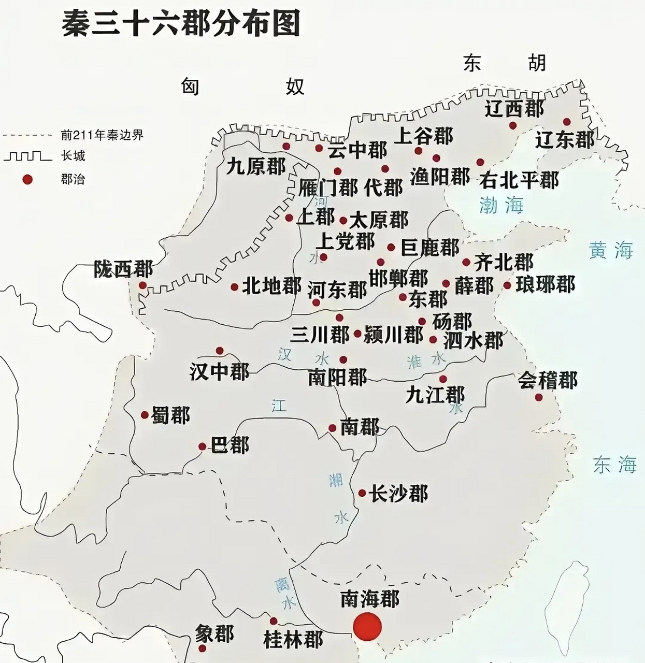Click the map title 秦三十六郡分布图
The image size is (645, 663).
coord(181,24)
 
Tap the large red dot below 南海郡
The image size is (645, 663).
coord(367,626)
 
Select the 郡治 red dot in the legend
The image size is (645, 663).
coord(27,179)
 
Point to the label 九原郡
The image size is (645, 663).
coord(256,166)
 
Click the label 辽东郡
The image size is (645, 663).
coord(564,139)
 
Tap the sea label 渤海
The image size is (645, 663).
coord(501,205)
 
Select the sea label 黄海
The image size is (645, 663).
coord(611,251)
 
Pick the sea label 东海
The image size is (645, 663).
coord(614,465)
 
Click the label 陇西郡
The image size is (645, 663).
coord(123,269)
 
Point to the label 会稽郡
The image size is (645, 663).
coord(548,381)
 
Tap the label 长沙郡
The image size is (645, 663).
coord(398,493)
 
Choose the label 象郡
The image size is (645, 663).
coord(214,633)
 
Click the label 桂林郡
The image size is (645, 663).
coord(293,640)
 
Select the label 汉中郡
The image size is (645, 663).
coord(219,371)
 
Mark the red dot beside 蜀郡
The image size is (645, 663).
coord(145,415)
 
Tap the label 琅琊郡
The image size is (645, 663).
coord(545,284)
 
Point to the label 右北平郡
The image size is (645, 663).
coord(519,180)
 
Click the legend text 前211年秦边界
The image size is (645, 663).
coord(102,135)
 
